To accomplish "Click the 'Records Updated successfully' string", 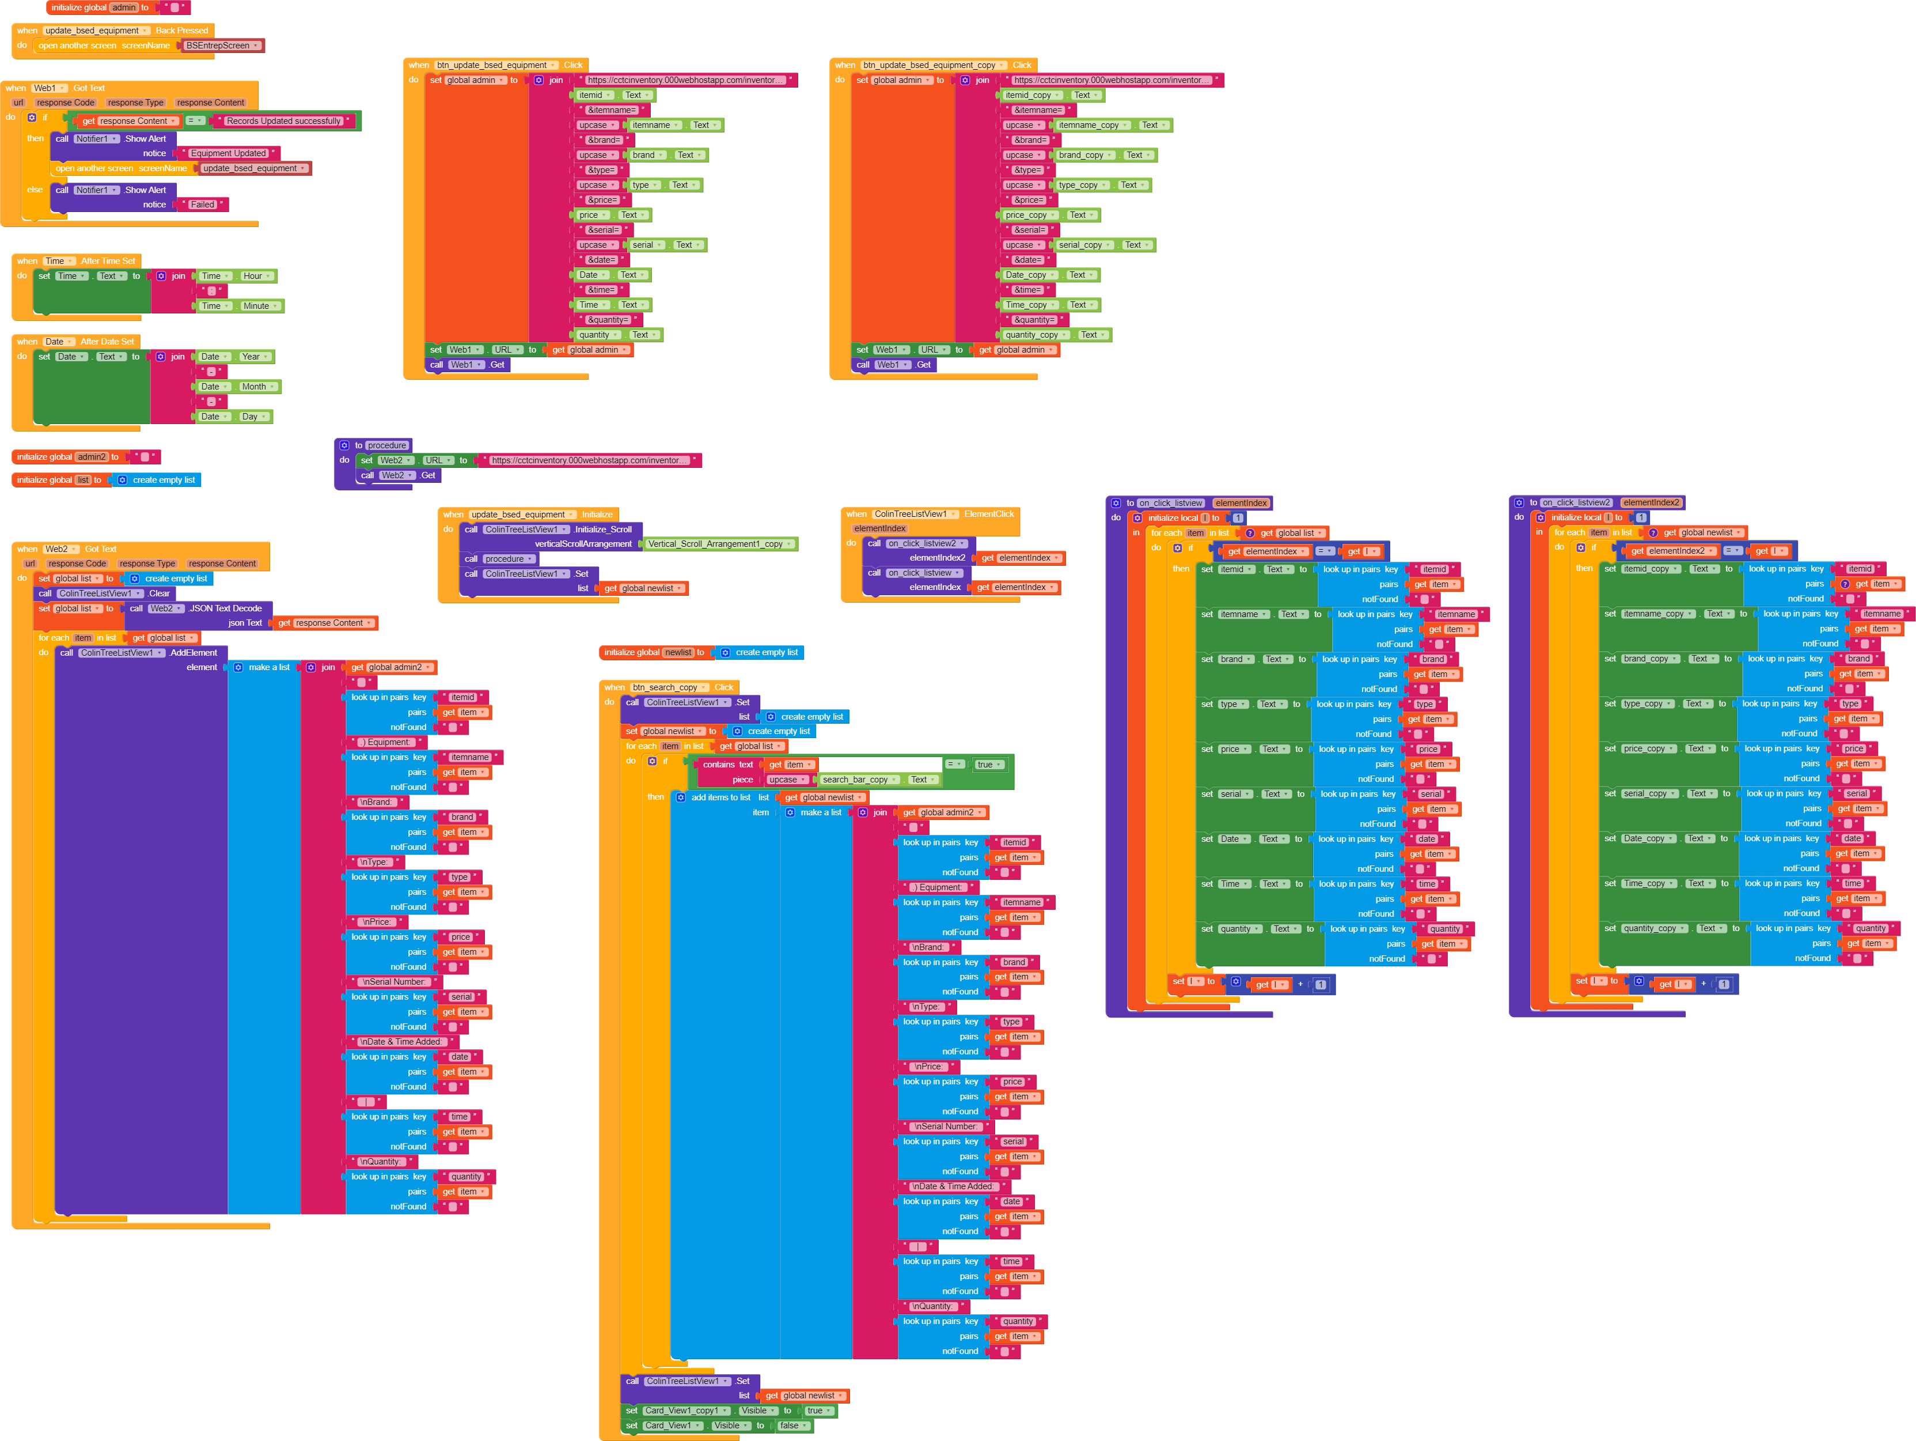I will pyautogui.click(x=284, y=122).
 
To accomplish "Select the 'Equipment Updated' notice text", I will pyautogui.click(x=228, y=153).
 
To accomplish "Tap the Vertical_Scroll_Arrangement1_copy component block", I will pyautogui.click(x=719, y=544).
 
